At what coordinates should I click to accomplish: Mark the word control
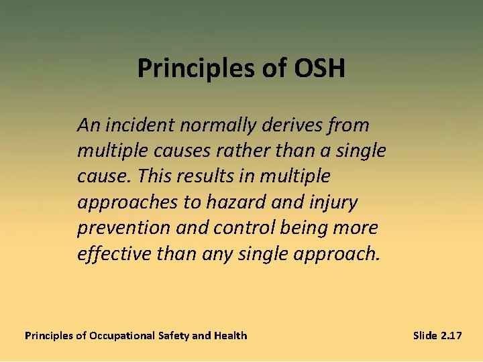244,228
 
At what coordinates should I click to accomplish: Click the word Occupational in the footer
122,336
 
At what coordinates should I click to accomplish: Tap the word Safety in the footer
173,336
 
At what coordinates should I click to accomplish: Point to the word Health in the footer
230,335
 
